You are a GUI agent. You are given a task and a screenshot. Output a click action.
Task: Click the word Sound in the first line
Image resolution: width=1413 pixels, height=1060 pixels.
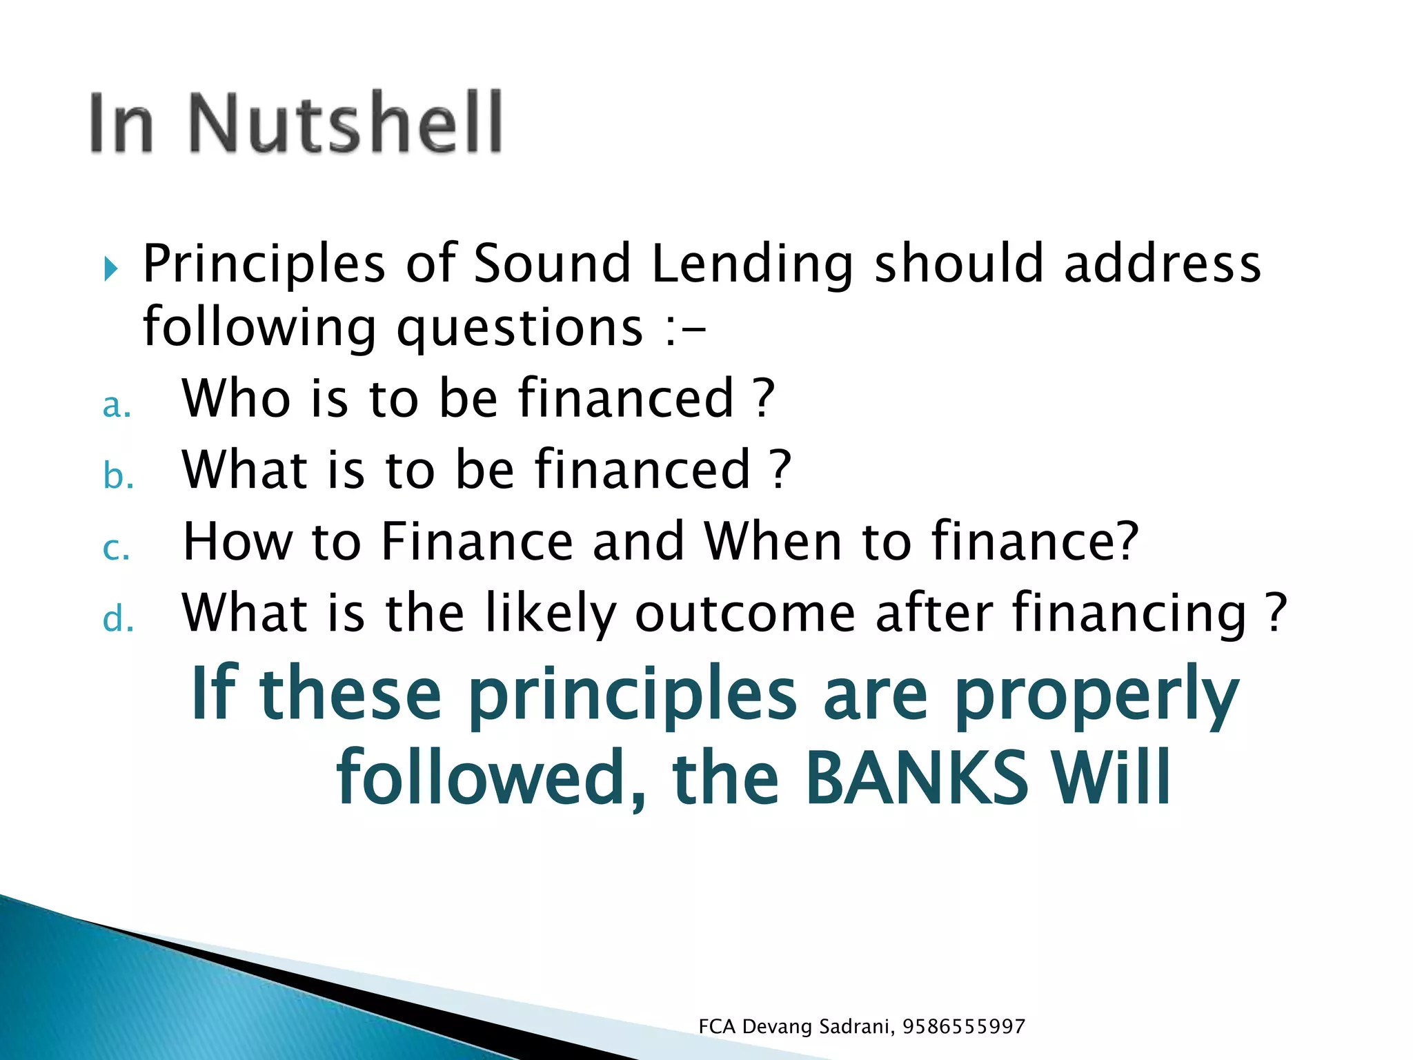click(552, 264)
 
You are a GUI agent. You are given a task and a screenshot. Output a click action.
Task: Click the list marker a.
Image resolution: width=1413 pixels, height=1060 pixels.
click(117, 405)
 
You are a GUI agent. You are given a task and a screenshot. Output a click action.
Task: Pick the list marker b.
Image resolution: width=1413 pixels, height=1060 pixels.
click(118, 476)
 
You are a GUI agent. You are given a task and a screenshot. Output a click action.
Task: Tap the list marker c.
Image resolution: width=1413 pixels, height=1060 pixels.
click(116, 549)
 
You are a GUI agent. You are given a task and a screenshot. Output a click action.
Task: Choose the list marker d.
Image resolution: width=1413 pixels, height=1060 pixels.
click(118, 618)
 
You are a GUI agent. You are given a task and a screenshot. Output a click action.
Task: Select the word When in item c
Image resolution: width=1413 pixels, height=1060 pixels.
click(773, 542)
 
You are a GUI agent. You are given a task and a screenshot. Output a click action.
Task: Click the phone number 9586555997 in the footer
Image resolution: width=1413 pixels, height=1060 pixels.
click(964, 1027)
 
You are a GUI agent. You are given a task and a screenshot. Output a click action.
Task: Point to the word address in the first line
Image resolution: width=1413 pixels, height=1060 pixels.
click(1163, 264)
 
